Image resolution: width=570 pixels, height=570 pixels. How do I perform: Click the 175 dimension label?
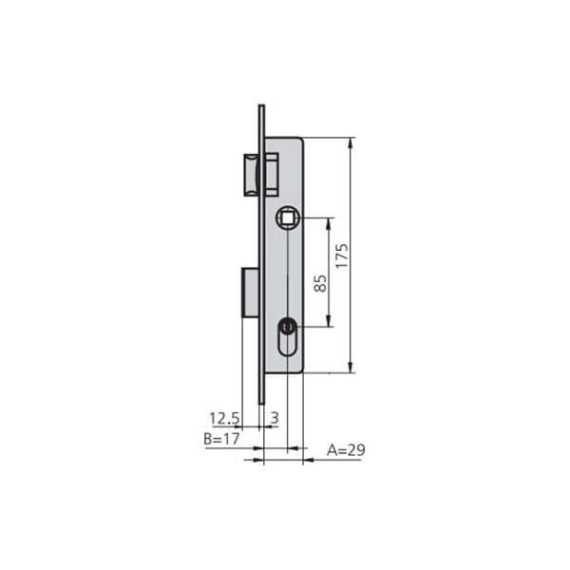pyautogui.click(x=342, y=256)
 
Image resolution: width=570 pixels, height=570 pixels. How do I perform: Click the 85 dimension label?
pyautogui.click(x=320, y=283)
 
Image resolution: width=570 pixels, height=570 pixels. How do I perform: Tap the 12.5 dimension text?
pyautogui.click(x=224, y=418)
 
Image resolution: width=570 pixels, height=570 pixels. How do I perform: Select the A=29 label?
pyautogui.click(x=346, y=450)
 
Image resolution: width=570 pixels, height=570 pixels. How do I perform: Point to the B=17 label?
pyautogui.click(x=221, y=439)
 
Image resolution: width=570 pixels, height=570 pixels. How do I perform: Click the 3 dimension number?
pyautogui.click(x=275, y=418)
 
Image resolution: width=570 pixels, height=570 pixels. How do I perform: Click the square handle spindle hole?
pyautogui.click(x=288, y=218)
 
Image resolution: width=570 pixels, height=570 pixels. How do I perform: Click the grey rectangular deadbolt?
pyautogui.click(x=250, y=293)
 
